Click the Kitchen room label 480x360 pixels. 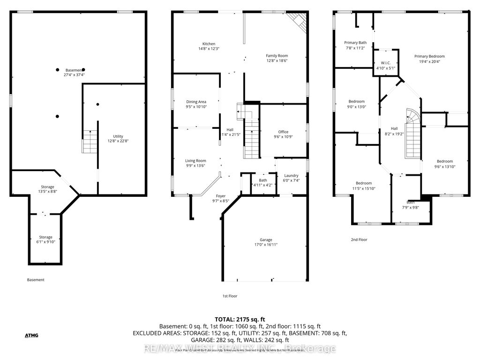coord(209,44)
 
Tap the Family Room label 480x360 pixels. coord(277,56)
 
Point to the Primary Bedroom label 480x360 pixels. coord(429,56)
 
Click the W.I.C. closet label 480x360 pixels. coord(386,63)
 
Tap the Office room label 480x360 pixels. coord(283,132)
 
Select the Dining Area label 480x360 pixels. coord(196,102)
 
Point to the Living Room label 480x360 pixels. coord(195,161)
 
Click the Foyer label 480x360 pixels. coord(221,196)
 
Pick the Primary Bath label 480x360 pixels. coord(355,43)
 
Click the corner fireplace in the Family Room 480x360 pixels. coord(297,20)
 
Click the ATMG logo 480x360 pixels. coord(31,335)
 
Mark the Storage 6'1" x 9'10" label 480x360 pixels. coord(45,237)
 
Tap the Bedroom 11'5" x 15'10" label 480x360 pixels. coord(363,183)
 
